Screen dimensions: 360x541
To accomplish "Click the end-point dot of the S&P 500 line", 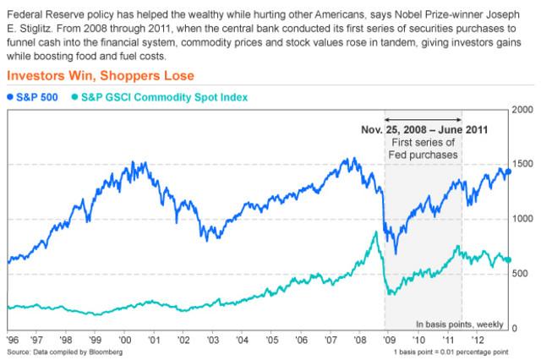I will click(508, 172).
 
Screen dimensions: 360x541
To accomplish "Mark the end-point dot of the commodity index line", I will click(508, 260).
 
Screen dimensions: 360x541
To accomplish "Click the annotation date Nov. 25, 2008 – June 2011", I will click(424, 131).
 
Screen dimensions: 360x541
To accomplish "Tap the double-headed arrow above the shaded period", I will click(424, 119).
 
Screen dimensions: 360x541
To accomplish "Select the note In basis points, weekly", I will click(460, 324).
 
